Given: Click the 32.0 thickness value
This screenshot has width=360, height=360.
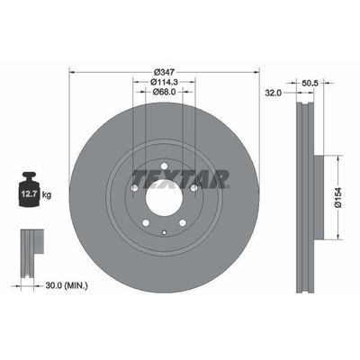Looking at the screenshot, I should [273, 92].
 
